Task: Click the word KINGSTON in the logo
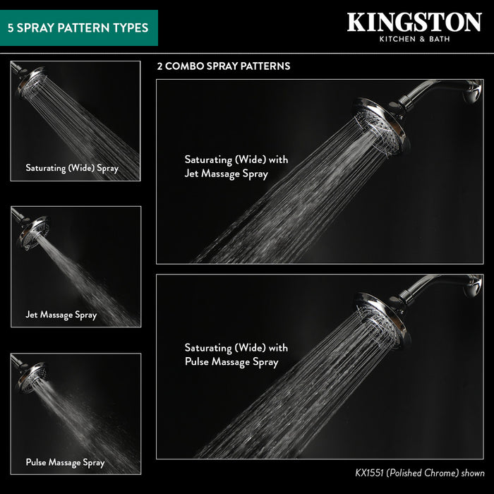tap(414, 22)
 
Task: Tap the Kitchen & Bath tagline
tap(414, 39)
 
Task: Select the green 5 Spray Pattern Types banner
tap(78, 28)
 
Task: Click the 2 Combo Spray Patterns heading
tap(223, 66)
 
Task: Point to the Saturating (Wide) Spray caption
tap(72, 168)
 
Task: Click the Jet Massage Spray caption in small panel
tap(61, 315)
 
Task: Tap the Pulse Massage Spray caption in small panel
tap(65, 462)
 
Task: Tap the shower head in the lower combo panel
tap(382, 318)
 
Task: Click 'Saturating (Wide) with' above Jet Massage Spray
tap(236, 159)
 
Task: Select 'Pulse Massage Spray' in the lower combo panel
tap(231, 362)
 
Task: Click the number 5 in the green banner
tap(11, 28)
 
